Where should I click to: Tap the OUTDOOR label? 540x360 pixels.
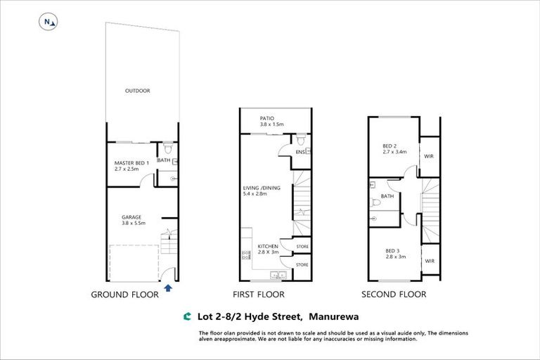coord(137,91)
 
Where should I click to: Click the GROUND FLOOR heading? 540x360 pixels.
coord(124,295)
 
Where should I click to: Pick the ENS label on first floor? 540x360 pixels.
coord(300,151)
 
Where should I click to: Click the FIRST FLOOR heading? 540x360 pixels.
coord(258,295)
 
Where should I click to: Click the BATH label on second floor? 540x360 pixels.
coord(387,196)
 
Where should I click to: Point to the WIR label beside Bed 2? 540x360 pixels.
coord(429,155)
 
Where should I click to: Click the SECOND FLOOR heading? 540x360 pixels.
coord(393,295)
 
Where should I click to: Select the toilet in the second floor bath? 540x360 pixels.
coord(375,203)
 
